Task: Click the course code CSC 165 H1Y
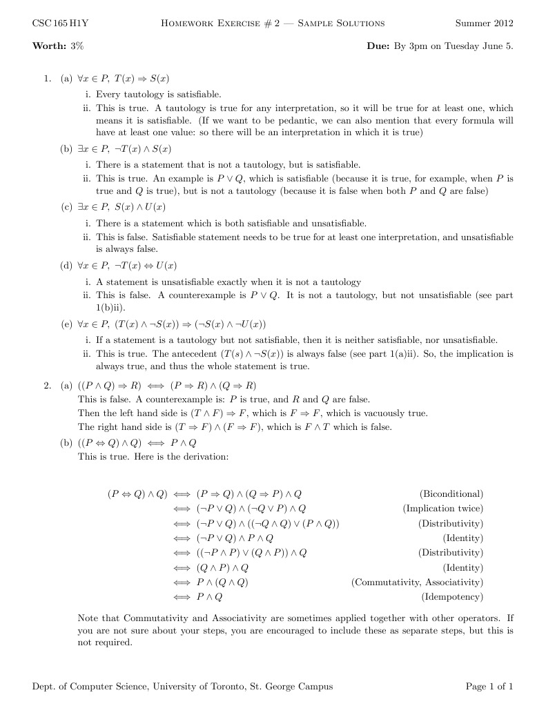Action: coord(56,23)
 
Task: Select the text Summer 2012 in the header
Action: coord(484,23)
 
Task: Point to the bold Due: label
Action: coord(380,46)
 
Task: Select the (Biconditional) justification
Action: coord(451,493)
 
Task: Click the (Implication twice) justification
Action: coord(442,509)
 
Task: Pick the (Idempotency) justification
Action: coord(452,597)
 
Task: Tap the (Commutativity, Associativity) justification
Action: coord(417,582)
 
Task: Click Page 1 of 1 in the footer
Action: coord(489,686)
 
